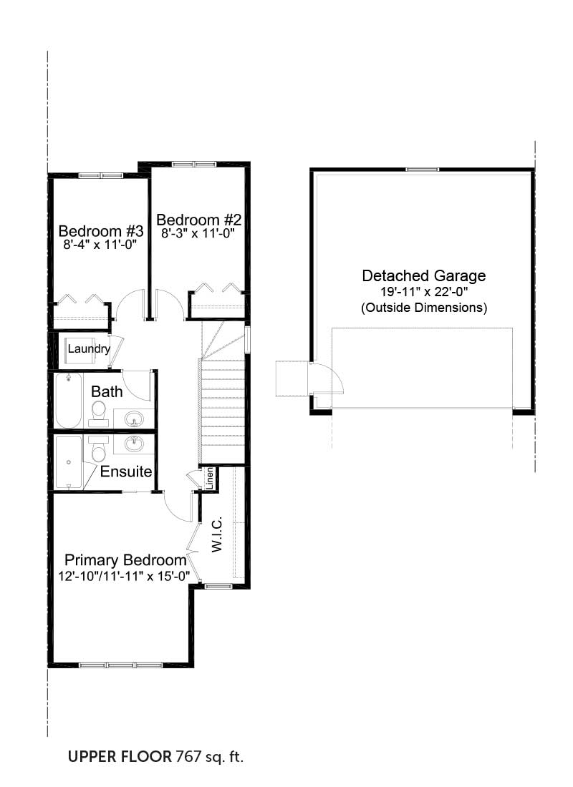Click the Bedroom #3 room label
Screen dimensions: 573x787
click(101, 231)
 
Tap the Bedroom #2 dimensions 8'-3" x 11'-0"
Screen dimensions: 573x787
click(198, 233)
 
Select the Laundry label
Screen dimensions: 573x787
click(89, 349)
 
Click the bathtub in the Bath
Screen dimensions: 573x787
click(68, 401)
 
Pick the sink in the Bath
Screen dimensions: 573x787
click(134, 418)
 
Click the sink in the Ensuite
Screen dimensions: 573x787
click(134, 444)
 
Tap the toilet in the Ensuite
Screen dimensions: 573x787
click(99, 449)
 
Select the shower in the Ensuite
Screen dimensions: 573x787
click(68, 461)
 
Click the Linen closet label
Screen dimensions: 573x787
click(210, 479)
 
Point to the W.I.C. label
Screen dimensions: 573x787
click(216, 534)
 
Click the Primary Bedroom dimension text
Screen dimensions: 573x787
click(124, 576)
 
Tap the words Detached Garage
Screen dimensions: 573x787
click(424, 275)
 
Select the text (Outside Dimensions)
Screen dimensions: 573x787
click(424, 307)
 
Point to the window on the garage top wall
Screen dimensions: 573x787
click(422, 170)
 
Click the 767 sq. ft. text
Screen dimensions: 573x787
click(210, 756)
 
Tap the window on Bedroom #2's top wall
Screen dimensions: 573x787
click(193, 164)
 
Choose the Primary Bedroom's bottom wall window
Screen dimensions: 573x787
click(120, 665)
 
